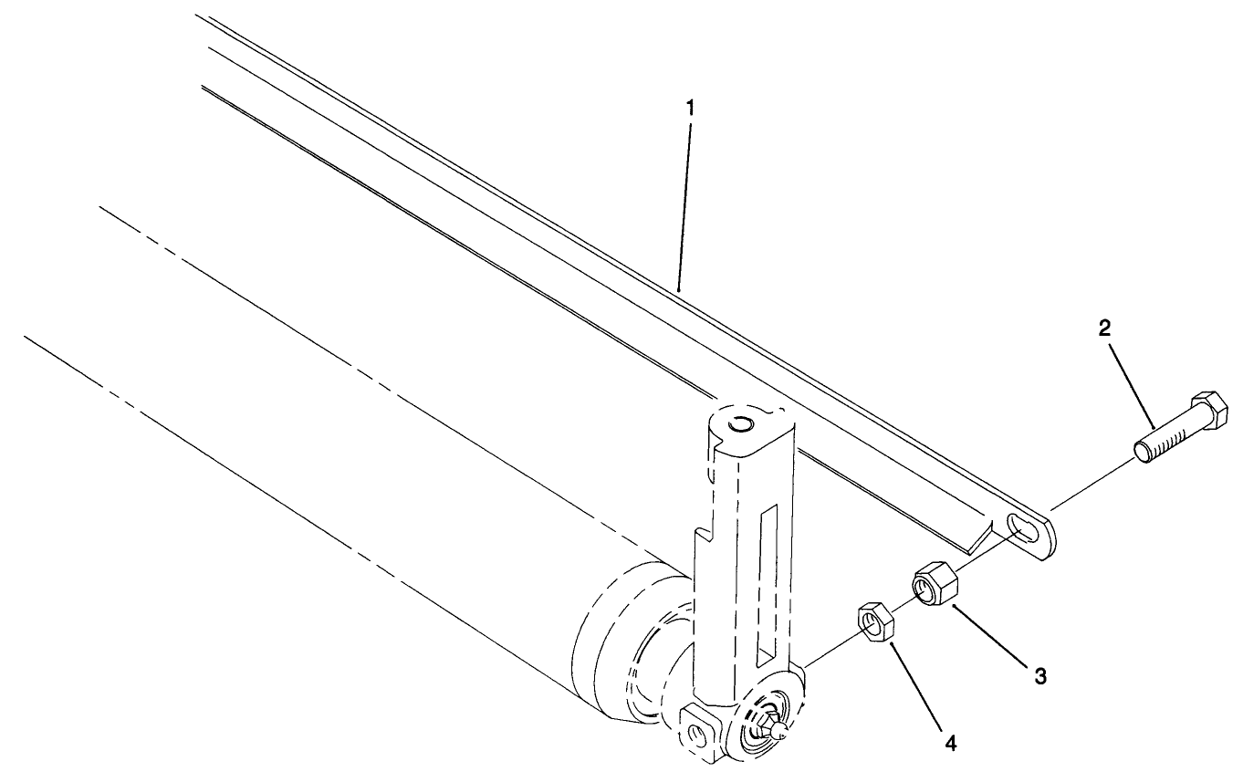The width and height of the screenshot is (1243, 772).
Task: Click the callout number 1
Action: [x=690, y=108]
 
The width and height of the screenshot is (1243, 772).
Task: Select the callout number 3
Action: [x=1039, y=676]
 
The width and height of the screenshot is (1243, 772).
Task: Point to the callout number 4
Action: [x=950, y=744]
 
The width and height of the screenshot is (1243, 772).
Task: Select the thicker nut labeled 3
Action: [x=933, y=581]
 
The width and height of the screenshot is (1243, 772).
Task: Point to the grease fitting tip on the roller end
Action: [x=778, y=729]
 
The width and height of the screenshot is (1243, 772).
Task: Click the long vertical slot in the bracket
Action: [x=768, y=584]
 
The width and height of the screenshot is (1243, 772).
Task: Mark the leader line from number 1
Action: [x=684, y=201]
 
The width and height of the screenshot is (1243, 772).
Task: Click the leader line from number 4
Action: [x=917, y=690]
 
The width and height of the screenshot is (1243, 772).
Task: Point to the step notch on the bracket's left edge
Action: [x=704, y=534]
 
